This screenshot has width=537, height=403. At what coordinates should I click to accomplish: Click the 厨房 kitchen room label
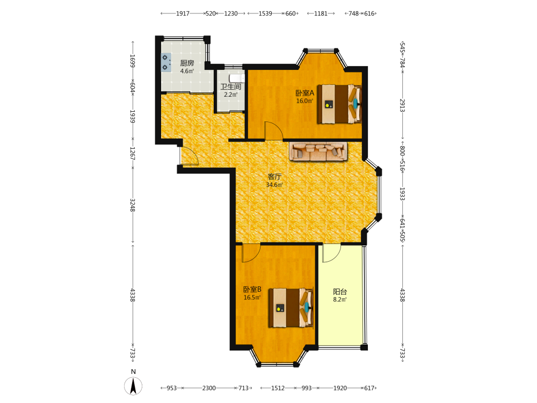point(187,63)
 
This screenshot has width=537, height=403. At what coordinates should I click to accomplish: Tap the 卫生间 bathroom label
point(230,87)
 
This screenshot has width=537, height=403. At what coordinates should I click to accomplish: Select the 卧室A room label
point(304,93)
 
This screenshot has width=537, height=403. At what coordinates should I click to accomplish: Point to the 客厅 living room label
point(274,177)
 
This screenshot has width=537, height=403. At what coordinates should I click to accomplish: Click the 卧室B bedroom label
point(252,290)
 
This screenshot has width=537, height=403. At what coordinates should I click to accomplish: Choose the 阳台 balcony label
point(340,292)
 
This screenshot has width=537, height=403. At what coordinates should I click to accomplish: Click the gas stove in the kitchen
point(166,63)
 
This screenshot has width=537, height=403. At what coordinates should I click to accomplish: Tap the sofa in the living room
point(318,152)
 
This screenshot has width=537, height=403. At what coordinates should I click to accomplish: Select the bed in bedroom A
point(339,104)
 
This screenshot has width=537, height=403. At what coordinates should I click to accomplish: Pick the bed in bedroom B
point(291,308)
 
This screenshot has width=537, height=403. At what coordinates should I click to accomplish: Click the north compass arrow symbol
point(133,386)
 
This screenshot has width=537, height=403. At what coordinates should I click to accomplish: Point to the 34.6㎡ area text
point(274,185)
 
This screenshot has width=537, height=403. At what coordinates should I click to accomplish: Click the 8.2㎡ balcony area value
point(340,299)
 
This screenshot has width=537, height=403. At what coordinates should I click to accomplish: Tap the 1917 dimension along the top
point(183,13)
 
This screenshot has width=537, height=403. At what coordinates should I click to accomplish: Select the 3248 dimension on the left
point(133,205)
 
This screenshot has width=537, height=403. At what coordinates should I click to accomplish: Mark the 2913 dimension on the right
point(403,105)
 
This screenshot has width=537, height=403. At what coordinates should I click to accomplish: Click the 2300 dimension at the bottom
point(209,388)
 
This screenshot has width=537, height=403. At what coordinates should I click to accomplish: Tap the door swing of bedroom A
point(273,131)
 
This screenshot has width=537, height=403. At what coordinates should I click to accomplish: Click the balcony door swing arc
point(331,253)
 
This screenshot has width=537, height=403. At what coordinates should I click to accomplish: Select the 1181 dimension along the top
point(321,13)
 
